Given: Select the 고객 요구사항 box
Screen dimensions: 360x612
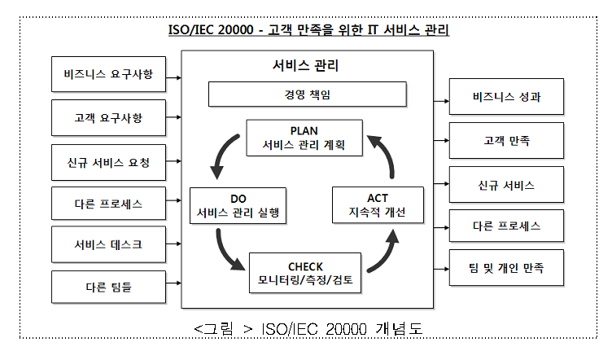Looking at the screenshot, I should tap(107, 118).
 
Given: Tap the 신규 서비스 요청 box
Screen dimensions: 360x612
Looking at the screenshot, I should tap(107, 161).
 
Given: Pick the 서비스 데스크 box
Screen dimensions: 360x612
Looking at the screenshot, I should tap(107, 243).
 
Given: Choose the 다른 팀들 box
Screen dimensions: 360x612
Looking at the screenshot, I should tap(107, 286).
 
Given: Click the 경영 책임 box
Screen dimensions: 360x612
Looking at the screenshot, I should tap(308, 94).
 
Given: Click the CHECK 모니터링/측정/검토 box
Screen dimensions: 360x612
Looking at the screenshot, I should tap(305, 274).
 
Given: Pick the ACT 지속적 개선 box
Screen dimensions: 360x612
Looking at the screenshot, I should tap(377, 207).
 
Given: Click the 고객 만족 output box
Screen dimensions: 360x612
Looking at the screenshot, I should tap(506, 141).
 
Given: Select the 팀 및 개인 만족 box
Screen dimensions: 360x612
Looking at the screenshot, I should tap(506, 266).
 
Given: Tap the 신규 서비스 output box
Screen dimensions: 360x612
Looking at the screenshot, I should tap(506, 185).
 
